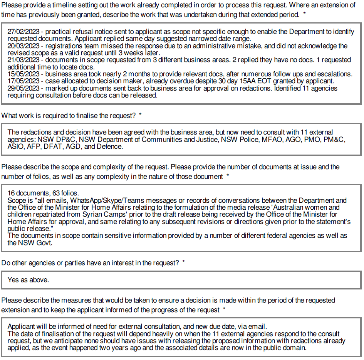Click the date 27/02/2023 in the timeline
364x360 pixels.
click(23, 32)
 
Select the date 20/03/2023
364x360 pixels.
click(23, 46)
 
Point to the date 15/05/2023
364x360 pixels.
click(23, 74)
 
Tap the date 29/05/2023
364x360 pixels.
click(23, 88)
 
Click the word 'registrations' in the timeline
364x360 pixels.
click(67, 46)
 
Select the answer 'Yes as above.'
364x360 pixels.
click(28, 280)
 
